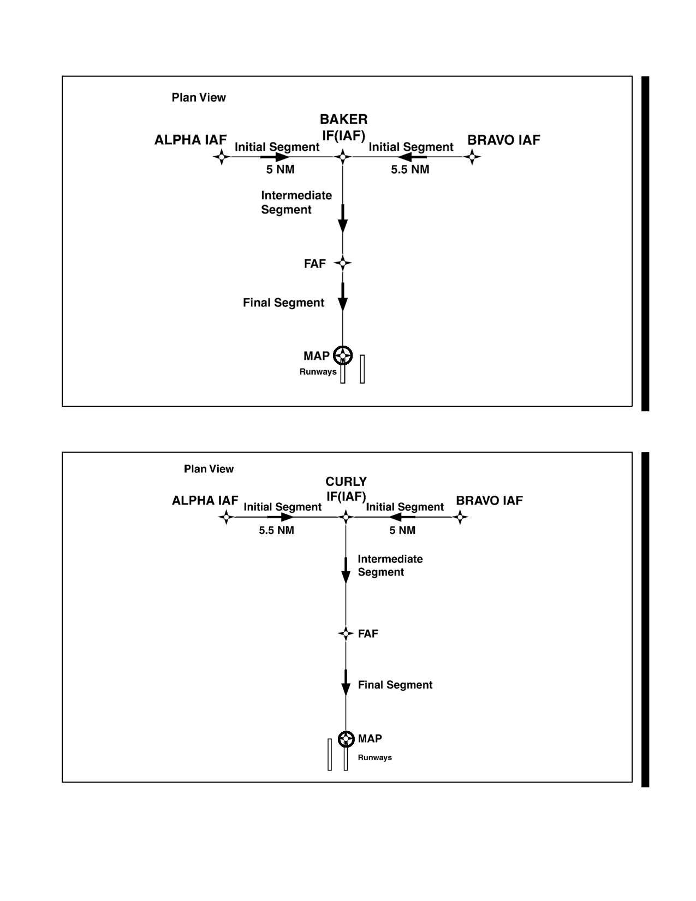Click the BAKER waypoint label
(x=343, y=120)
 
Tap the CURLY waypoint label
(x=346, y=482)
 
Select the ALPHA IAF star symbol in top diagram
(x=222, y=157)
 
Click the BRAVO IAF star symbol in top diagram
(x=472, y=157)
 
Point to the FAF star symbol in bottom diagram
(x=346, y=633)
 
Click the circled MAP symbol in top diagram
(x=343, y=355)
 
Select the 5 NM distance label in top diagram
(x=280, y=169)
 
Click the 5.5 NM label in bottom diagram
(x=277, y=530)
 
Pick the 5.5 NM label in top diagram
(x=410, y=169)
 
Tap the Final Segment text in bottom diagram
(x=395, y=685)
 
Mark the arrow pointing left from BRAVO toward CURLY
(x=402, y=517)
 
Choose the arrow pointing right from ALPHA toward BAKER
(x=275, y=157)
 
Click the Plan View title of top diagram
(x=199, y=97)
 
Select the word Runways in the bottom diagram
(x=374, y=757)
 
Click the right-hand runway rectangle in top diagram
(x=362, y=369)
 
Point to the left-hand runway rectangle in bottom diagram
(x=330, y=755)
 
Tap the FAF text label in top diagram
(x=314, y=264)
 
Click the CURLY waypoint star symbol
(x=346, y=517)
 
